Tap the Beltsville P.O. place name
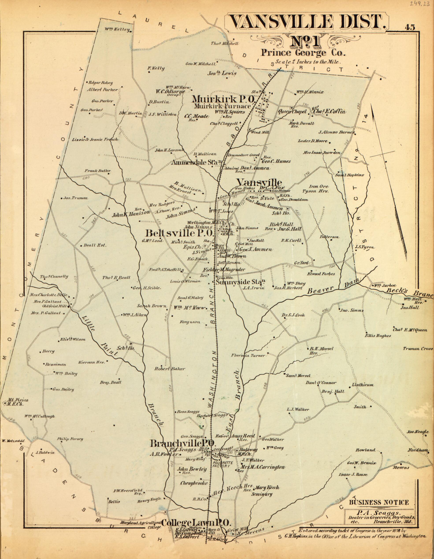179,233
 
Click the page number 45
410,27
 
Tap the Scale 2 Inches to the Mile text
308,62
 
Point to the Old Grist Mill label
54,306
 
